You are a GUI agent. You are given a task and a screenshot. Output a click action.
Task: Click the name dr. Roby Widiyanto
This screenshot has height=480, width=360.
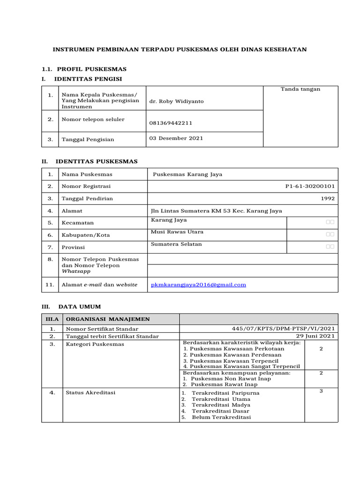(x=170, y=101)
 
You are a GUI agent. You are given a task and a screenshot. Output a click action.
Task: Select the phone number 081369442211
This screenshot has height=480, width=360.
(x=171, y=123)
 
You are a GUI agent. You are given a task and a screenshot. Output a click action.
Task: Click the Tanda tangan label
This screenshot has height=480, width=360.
(x=300, y=89)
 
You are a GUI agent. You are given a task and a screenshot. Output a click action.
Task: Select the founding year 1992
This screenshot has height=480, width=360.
(x=328, y=198)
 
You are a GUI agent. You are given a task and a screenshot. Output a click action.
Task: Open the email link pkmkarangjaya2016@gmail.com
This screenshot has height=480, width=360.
(x=198, y=285)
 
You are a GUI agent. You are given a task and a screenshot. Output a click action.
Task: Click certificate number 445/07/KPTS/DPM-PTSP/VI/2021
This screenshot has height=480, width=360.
(x=283, y=329)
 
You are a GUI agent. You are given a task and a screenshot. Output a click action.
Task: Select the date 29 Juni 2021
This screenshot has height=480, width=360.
(x=315, y=336)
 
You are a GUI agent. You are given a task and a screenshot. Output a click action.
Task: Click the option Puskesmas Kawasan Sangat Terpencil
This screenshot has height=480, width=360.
(x=241, y=366)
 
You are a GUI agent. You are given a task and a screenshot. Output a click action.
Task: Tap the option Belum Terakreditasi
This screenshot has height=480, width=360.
(x=221, y=417)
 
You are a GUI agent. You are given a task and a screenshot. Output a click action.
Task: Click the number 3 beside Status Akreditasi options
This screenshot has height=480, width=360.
(x=321, y=390)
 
